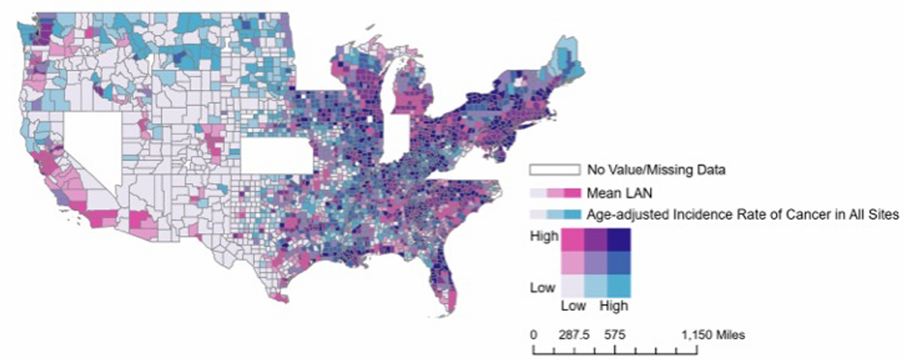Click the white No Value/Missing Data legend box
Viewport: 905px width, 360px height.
tap(555, 170)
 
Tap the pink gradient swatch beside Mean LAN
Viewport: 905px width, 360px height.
tap(555, 193)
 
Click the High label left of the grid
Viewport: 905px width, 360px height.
tap(544, 236)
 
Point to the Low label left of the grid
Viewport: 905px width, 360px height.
tap(543, 286)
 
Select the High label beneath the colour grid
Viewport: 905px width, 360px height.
tap(613, 306)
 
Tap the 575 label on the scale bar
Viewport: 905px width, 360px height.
tap(614, 334)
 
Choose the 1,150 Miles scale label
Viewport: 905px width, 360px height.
tap(713, 334)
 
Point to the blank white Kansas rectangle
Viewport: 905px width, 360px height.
tap(277, 156)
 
